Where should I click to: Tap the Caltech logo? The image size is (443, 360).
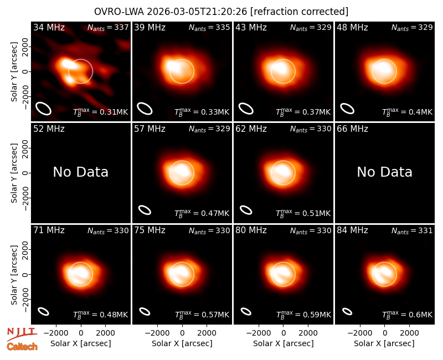(22, 347)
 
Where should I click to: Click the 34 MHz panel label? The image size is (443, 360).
(49, 27)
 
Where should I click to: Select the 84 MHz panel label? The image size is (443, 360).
(352, 230)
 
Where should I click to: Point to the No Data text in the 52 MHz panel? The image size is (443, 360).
(80, 172)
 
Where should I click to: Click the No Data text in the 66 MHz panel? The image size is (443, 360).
(384, 172)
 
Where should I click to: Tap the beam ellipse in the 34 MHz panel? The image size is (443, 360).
(43, 109)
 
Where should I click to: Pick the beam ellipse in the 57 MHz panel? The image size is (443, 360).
(145, 210)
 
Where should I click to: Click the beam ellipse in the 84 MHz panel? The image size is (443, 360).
(347, 311)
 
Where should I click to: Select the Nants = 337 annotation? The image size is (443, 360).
(108, 27)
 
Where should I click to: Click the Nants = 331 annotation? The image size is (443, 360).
(412, 230)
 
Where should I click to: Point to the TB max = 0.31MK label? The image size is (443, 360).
(101, 112)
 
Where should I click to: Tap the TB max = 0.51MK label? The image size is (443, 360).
(303, 213)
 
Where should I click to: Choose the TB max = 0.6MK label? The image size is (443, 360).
(407, 315)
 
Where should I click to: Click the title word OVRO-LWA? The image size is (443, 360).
(119, 12)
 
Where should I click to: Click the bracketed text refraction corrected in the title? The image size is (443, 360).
(299, 12)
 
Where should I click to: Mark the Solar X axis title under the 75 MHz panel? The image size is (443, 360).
(182, 343)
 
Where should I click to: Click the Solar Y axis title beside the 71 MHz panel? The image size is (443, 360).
(14, 275)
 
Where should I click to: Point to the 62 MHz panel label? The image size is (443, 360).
(251, 129)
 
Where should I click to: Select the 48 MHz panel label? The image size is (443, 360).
(352, 27)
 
